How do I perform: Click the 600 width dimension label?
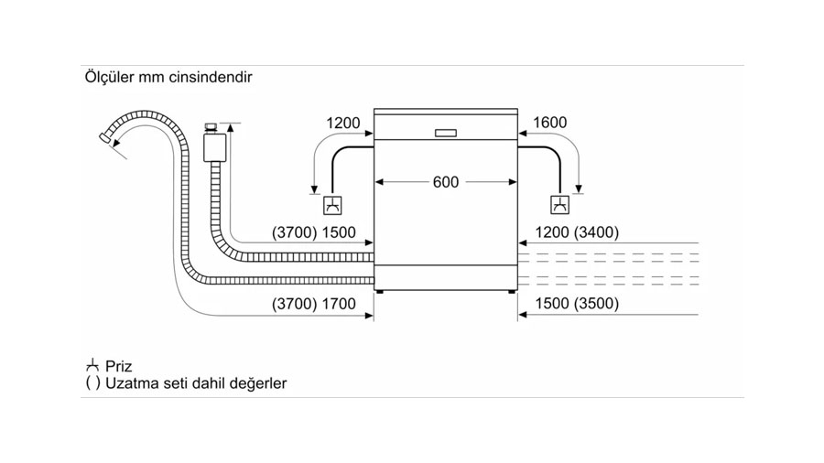point(445,182)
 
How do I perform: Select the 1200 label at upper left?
point(343,123)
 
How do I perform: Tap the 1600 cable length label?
point(549,123)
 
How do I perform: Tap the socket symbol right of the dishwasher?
point(558,205)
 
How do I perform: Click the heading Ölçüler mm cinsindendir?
point(168,78)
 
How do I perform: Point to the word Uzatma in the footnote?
point(133,383)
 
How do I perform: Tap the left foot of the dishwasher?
point(380,292)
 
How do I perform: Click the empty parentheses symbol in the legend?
point(92,383)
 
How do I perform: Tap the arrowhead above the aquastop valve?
point(230,130)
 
